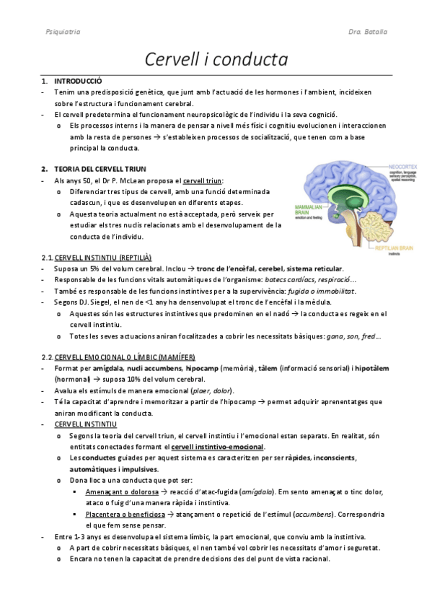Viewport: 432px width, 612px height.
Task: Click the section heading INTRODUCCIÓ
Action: click(x=79, y=81)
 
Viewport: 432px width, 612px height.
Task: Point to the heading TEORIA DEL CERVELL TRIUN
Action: click(x=100, y=168)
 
